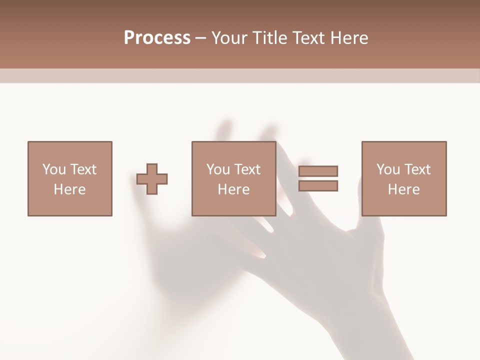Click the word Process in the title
(157, 38)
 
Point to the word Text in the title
(310, 38)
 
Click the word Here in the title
(349, 38)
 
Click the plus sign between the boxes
(152, 178)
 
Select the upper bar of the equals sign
(318, 171)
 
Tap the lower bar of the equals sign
(318, 185)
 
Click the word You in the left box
(54, 169)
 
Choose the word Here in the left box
(69, 189)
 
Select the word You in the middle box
(218, 169)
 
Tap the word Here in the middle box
(233, 189)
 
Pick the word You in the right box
(388, 169)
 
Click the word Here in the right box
(403, 189)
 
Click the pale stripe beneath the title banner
(240, 75)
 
